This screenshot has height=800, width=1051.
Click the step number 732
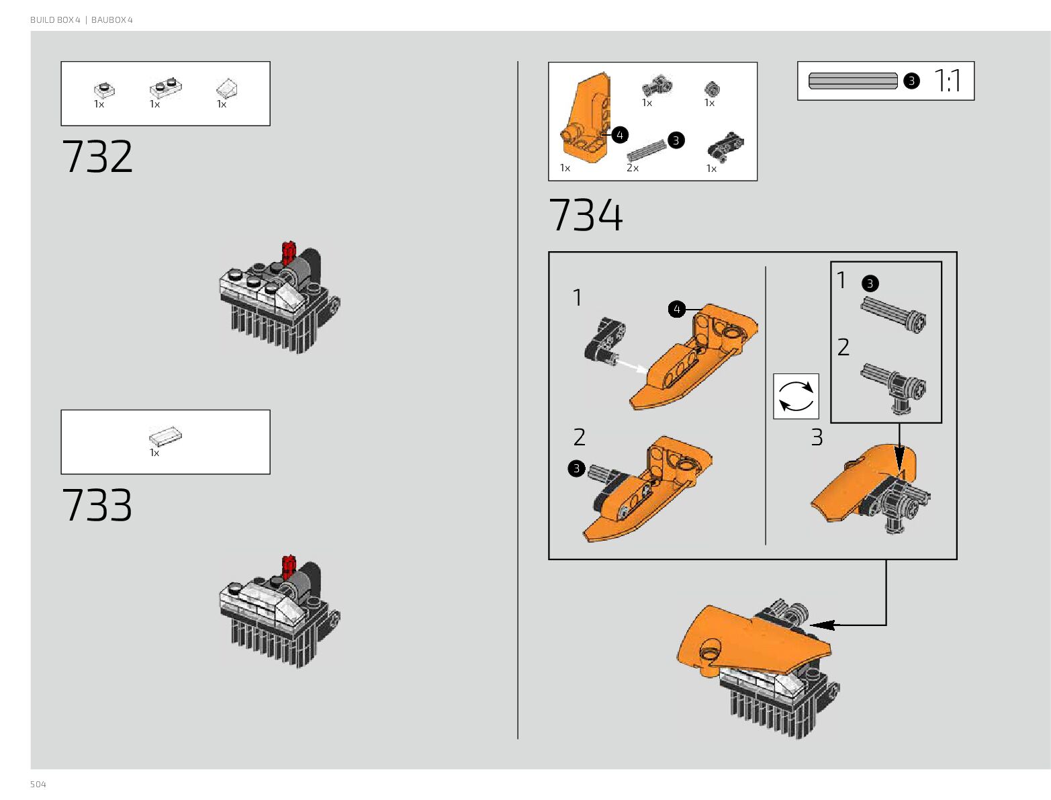tap(97, 157)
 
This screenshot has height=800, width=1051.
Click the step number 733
tap(97, 504)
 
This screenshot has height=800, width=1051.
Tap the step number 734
tap(586, 215)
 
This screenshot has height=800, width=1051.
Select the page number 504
tap(38, 785)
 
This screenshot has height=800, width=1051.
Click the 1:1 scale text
tap(948, 81)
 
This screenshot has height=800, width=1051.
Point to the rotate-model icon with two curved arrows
tap(796, 396)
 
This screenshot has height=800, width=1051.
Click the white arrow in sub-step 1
tap(631, 366)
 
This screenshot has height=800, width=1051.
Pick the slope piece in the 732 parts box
tap(226, 88)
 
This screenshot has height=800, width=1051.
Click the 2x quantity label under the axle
tap(633, 168)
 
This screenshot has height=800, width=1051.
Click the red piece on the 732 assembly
tap(289, 253)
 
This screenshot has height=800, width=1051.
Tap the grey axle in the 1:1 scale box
tap(853, 81)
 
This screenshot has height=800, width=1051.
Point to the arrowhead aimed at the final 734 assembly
tap(823, 625)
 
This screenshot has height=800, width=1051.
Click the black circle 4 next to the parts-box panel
tap(620, 135)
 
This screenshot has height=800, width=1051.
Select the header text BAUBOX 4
tap(112, 20)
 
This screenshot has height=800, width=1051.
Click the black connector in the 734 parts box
tap(725, 146)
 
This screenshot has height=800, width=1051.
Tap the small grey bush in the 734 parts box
tap(712, 88)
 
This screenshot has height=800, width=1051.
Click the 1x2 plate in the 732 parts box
tap(165, 87)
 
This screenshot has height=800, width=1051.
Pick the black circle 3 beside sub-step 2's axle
tap(576, 468)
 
